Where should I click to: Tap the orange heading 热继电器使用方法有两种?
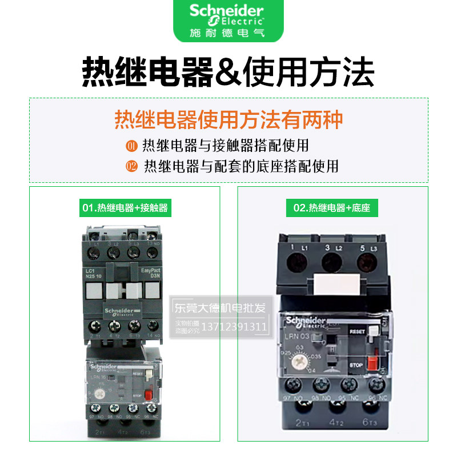coord(228,121)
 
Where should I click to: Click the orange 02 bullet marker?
coord(131,166)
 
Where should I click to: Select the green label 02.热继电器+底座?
coord(332,207)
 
